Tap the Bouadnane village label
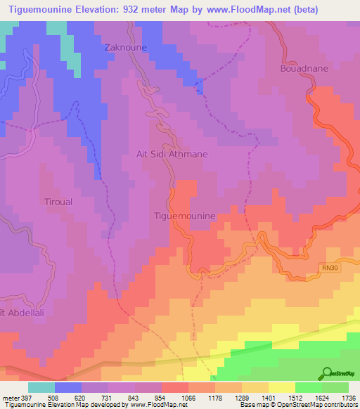[x=303, y=70]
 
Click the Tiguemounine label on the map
[x=184, y=217]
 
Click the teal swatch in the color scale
[x=41, y=387]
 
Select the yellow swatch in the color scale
[x=281, y=387]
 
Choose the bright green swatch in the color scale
[x=308, y=387]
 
